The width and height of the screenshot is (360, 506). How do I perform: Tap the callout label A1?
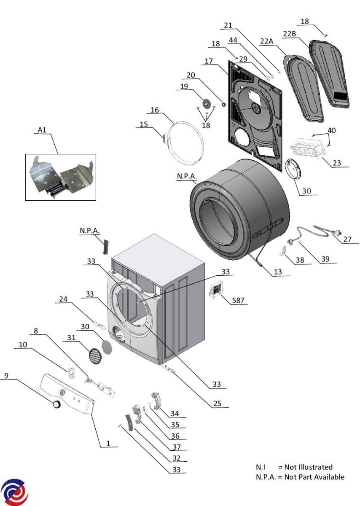click(x=42, y=130)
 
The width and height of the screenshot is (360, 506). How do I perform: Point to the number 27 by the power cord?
click(x=347, y=239)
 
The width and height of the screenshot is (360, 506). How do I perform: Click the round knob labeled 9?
click(x=56, y=404)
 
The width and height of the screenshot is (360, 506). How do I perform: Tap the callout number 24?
click(x=63, y=299)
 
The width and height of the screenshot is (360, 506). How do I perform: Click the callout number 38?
click(x=300, y=260)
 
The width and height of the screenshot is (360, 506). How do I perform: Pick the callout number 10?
click(x=23, y=345)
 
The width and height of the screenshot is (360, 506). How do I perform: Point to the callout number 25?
click(x=217, y=404)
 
